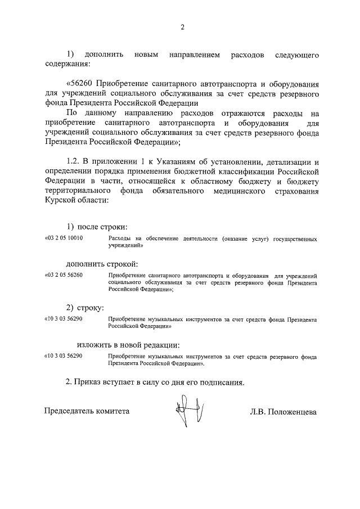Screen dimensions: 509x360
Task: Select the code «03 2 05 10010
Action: click(x=64, y=239)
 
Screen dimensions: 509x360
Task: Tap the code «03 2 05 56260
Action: click(x=64, y=276)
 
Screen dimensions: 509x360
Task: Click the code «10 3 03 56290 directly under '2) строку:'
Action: click(x=64, y=319)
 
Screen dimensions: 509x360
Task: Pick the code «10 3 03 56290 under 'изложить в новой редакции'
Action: click(x=64, y=357)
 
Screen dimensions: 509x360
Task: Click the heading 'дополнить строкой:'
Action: click(x=102, y=263)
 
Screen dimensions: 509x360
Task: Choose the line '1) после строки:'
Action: click(x=97, y=227)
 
